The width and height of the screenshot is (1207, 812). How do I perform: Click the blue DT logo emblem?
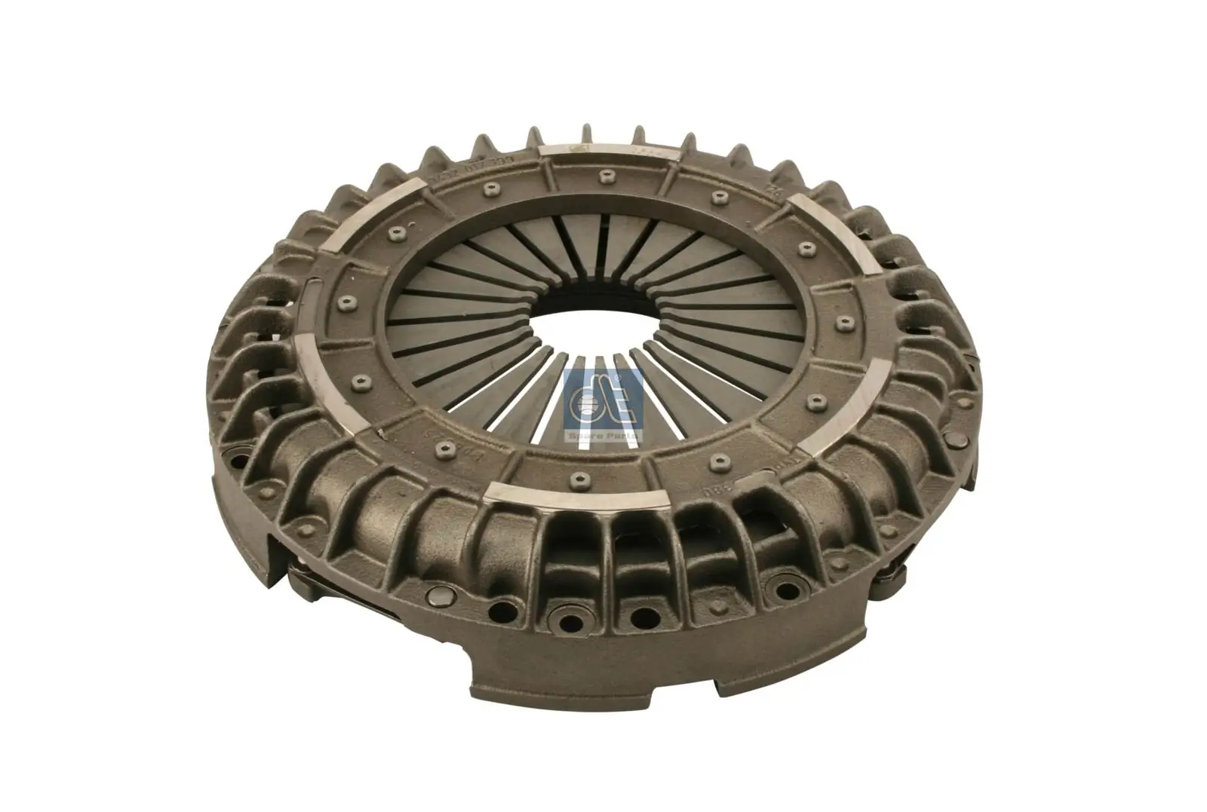coord(603,404)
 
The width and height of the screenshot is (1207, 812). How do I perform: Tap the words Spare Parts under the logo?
coord(603,436)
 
